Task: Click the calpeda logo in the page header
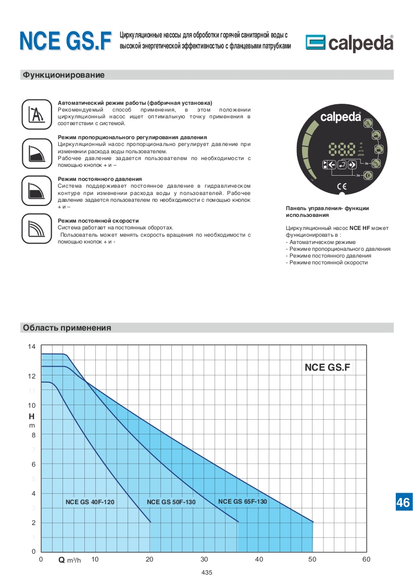click(349, 43)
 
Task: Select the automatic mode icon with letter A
click(36, 114)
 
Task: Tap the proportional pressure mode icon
click(36, 152)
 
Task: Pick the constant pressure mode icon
click(36, 190)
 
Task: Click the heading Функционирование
click(64, 75)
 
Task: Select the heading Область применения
click(67, 328)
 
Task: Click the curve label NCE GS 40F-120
click(90, 502)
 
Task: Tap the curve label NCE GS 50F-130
click(171, 502)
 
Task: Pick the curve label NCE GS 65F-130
click(242, 502)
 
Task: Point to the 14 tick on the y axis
click(32, 347)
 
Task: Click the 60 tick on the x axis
click(366, 559)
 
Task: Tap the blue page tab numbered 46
click(403, 502)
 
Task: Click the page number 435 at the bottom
click(206, 572)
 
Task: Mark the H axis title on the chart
click(31, 417)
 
